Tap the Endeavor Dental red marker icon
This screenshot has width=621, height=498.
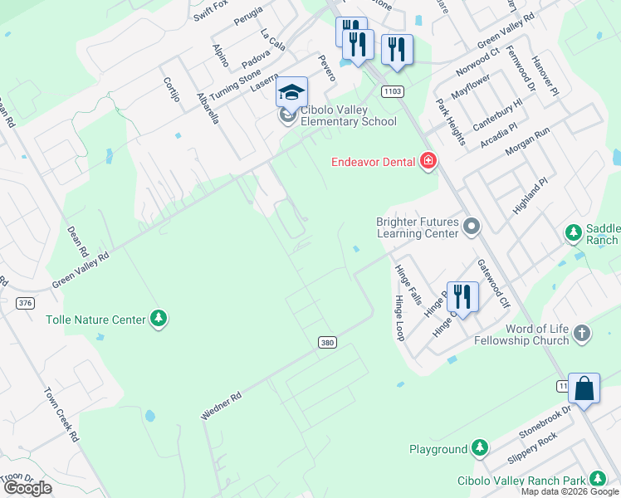coord(428,161)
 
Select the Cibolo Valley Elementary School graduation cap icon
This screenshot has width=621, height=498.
coord(291,92)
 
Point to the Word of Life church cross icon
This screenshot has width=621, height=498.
coord(582,334)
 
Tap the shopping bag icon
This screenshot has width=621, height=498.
coord(584,388)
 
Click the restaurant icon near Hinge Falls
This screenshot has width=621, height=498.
coord(462,295)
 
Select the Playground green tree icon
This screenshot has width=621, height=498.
coord(480,449)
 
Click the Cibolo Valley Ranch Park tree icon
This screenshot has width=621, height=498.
coord(597,480)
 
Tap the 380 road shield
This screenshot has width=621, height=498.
coord(327,342)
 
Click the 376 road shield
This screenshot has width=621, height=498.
coord(25,303)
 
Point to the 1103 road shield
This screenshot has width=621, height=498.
coord(393,89)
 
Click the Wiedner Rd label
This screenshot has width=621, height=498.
coord(221,406)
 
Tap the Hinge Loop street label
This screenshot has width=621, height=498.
coord(399,319)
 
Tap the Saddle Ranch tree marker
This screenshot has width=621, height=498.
coord(573,233)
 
